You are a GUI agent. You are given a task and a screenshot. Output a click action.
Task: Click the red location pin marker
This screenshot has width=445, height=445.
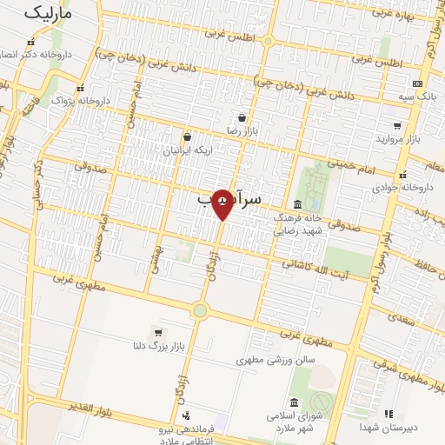tap(223, 203)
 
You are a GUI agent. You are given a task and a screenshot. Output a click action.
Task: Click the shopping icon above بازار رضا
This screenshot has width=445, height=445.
tap(241, 117)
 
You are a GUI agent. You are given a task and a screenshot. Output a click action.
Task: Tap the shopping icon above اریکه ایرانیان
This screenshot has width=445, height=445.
tap(187, 136)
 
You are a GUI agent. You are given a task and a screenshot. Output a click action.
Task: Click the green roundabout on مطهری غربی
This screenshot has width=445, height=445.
tap(200, 310)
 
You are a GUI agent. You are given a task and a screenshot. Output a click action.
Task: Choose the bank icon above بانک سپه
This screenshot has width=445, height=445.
tap(417, 83)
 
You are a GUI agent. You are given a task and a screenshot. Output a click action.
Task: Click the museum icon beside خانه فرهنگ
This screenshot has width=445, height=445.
tap(298, 203)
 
